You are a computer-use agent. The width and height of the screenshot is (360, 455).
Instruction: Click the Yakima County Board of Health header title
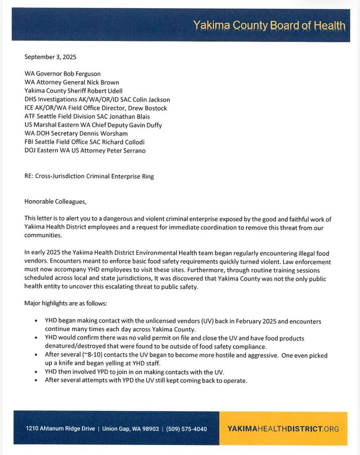[269, 25]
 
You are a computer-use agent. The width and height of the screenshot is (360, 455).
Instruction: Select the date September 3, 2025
[50, 57]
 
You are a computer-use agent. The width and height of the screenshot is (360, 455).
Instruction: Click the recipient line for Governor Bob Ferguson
[62, 74]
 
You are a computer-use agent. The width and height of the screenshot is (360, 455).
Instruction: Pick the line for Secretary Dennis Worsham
[76, 133]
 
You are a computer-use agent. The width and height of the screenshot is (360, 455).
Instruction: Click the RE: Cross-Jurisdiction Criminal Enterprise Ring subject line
[89, 177]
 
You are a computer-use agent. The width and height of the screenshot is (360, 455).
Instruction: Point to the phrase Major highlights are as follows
[72, 303]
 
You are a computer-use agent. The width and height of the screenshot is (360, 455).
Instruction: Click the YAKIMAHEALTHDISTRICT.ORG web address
[283, 429]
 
